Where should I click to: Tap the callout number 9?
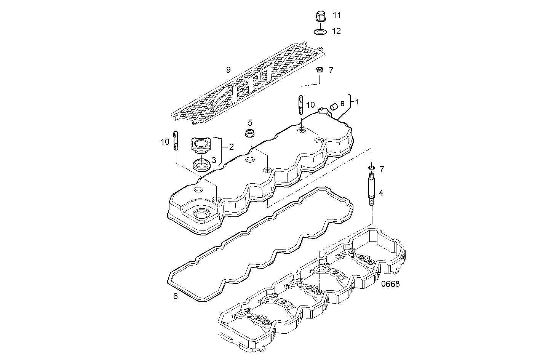point(228,70)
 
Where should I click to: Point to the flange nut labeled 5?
point(250,133)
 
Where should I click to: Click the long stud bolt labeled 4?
point(371,189)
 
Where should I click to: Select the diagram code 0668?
point(390,284)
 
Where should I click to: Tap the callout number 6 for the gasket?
point(176,296)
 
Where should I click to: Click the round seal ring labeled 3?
point(201,166)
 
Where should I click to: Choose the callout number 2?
point(231,146)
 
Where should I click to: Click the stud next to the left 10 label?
point(176,141)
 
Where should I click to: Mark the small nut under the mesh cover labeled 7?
point(320,70)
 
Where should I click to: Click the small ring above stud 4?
point(371,168)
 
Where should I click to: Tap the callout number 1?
point(356,102)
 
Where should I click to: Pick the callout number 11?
point(337,15)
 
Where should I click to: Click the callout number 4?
point(381,193)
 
